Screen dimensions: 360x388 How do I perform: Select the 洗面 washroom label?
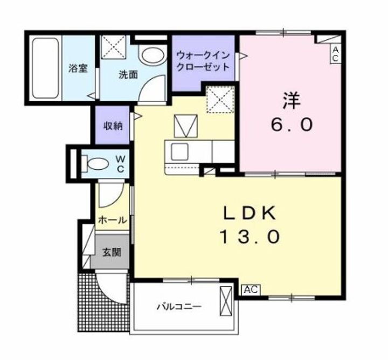(128, 75)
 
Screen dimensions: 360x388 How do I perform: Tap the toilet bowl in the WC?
(98, 163)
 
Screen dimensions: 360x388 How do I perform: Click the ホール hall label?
(113, 220)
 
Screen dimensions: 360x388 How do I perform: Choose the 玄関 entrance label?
(112, 251)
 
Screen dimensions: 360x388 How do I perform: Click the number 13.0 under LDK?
(250, 237)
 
